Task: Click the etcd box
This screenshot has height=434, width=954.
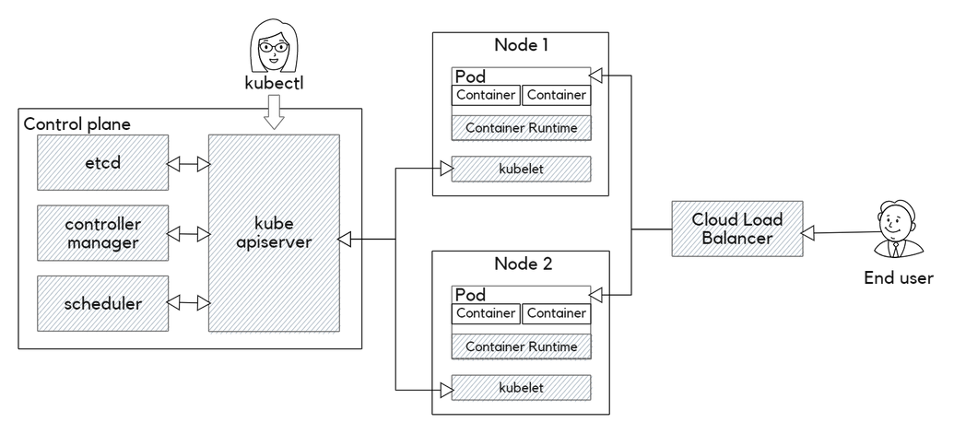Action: pyautogui.click(x=102, y=163)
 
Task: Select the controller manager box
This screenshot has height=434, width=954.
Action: pyautogui.click(x=102, y=234)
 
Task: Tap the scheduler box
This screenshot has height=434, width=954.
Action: pyautogui.click(x=102, y=303)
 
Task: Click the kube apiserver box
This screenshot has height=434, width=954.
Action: pyautogui.click(x=274, y=234)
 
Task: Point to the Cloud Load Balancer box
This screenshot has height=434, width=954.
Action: pyautogui.click(x=736, y=229)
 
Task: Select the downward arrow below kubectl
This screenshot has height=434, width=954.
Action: pyautogui.click(x=274, y=112)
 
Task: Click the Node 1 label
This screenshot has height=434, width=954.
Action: pyautogui.click(x=523, y=45)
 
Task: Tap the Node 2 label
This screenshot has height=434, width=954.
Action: pyautogui.click(x=523, y=264)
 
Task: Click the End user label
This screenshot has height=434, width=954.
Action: pyautogui.click(x=898, y=278)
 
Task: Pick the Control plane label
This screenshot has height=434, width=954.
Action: pyautogui.click(x=77, y=123)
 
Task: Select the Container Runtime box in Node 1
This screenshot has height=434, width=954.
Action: pyautogui.click(x=522, y=128)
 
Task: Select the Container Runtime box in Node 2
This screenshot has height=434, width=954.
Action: pyautogui.click(x=522, y=347)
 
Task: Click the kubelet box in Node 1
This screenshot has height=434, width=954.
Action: pyautogui.click(x=522, y=170)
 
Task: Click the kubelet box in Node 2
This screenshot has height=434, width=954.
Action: pyautogui.click(x=522, y=388)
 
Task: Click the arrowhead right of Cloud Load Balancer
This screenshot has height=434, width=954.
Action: pyautogui.click(x=808, y=234)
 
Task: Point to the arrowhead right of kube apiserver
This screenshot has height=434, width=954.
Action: pyautogui.click(x=345, y=240)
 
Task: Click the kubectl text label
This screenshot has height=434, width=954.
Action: pyautogui.click(x=274, y=83)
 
